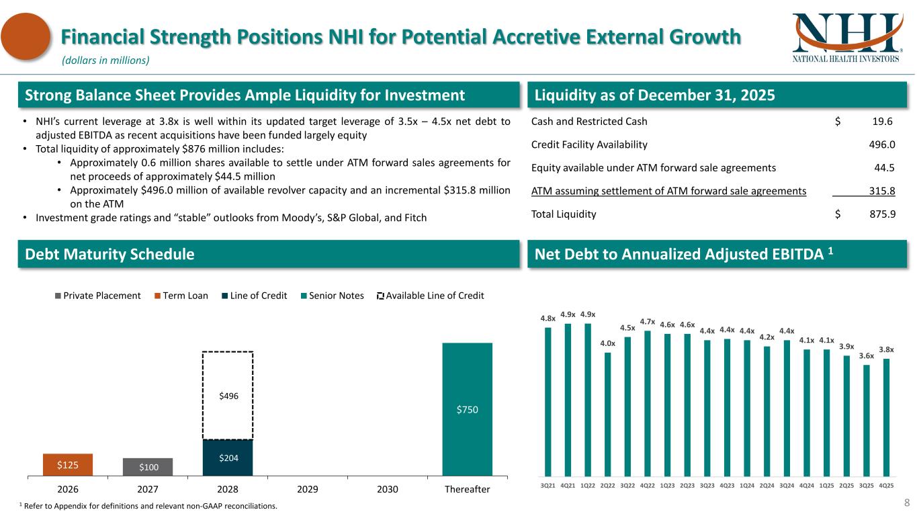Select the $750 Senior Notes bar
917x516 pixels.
pyautogui.click(x=467, y=409)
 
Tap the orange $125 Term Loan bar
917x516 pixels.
pyautogui.click(x=67, y=465)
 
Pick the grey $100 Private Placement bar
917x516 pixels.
pyautogui.click(x=147, y=467)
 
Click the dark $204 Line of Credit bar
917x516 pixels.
pyautogui.click(x=228, y=458)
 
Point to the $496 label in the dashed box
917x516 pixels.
pyautogui.click(x=228, y=396)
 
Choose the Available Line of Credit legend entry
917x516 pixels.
pyautogui.click(x=430, y=296)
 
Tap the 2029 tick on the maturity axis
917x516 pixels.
pyautogui.click(x=307, y=489)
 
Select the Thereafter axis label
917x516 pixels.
pyautogui.click(x=467, y=489)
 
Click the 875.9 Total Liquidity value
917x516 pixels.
pyautogui.click(x=881, y=215)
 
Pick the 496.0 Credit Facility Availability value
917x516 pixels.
pyautogui.click(x=881, y=144)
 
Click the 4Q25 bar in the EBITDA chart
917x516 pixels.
pyautogui.click(x=887, y=417)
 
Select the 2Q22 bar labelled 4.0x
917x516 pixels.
pyautogui.click(x=607, y=414)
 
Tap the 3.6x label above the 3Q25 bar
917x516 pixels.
pyautogui.click(x=867, y=356)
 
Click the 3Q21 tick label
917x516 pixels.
pyautogui.click(x=548, y=485)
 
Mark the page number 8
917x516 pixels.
pyautogui.click(x=906, y=502)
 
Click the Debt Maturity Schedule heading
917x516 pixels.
pyautogui.click(x=110, y=255)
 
